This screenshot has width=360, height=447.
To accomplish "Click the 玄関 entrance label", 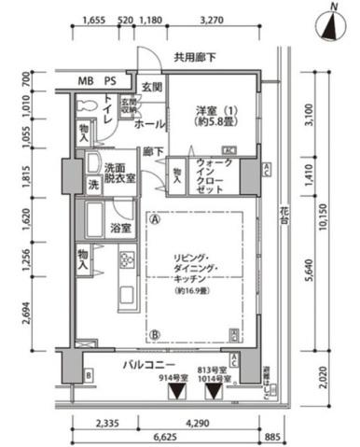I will (x=153, y=87).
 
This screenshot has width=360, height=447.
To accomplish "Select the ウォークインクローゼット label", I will (x=212, y=175).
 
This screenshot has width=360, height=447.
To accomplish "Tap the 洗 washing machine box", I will (x=92, y=184).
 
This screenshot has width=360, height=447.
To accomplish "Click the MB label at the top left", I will (x=85, y=80).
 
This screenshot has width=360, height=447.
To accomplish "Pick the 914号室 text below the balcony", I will (x=173, y=378).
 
